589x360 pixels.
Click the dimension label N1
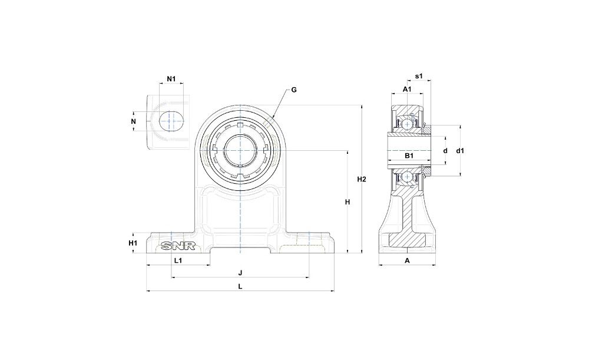click(171, 79)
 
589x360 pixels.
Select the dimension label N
click(134, 121)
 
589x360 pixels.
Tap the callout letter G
click(294, 90)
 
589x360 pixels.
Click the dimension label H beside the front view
click(348, 202)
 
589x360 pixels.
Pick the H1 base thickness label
click(133, 243)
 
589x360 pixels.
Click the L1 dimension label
click(178, 260)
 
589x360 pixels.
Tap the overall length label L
click(240, 286)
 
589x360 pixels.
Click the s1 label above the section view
click(419, 77)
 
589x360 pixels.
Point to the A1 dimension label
click(406, 89)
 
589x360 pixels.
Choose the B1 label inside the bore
click(408, 156)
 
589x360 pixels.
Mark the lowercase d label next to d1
click(445, 151)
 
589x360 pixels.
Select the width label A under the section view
click(406, 260)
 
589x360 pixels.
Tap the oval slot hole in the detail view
click(171, 121)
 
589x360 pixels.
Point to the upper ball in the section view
click(405, 124)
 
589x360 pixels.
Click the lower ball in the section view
click(405, 177)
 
